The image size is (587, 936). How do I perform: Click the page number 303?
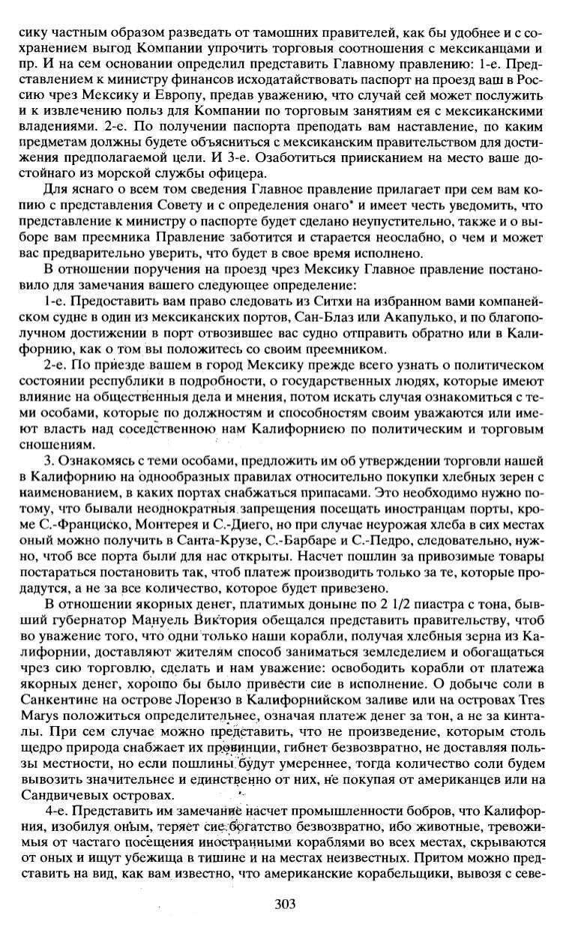286,904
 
